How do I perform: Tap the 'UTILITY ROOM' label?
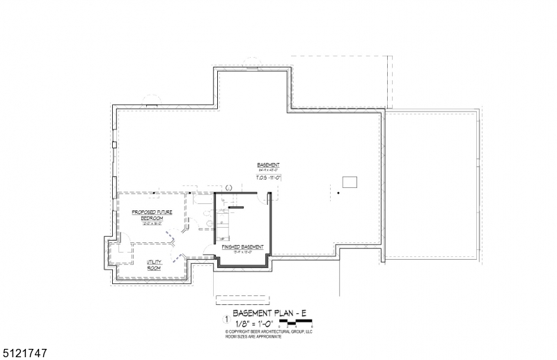click(154, 265)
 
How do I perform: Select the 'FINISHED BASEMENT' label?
click(242, 247)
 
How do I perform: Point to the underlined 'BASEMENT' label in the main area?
click(268, 165)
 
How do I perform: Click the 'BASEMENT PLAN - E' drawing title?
click(272, 314)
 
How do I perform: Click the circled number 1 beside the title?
click(225, 320)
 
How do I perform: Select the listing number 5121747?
click(24, 353)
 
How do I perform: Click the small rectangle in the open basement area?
click(350, 182)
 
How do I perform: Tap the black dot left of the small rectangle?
click(338, 191)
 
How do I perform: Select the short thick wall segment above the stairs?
click(235, 208)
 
